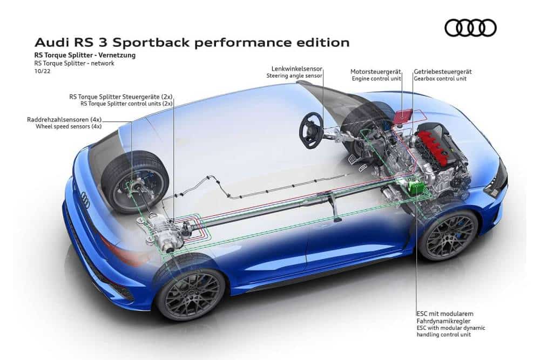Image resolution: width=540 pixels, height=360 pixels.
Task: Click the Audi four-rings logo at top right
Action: tap(470, 28)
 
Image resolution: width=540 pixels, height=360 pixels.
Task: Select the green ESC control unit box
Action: tap(415, 186)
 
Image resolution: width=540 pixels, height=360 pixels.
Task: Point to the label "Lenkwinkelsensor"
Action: tap(296, 68)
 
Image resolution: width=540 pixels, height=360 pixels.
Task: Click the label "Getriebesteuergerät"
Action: tap(442, 71)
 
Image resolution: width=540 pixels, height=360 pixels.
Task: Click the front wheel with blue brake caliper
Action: tap(448, 235)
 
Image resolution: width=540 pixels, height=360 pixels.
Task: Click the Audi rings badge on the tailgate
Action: tap(85, 200)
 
